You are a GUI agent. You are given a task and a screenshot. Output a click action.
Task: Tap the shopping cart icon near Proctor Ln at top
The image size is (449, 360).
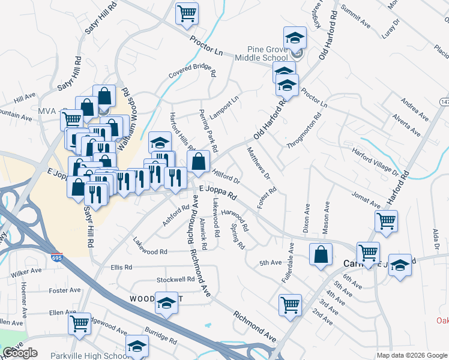(187, 13)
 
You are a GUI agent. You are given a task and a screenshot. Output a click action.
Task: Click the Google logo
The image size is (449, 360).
(20, 353)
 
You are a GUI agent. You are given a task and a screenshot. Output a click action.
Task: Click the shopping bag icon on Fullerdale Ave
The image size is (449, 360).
(321, 254)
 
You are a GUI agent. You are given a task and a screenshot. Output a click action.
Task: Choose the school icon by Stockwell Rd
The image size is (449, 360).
(166, 303)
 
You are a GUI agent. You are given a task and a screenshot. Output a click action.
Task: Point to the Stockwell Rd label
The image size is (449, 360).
(175, 280)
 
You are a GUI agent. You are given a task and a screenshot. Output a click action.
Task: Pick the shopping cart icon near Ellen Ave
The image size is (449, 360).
(79, 323)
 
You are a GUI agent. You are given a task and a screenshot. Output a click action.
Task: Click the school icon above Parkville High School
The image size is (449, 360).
(137, 346)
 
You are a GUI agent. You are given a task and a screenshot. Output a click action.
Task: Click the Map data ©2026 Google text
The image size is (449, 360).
(411, 355)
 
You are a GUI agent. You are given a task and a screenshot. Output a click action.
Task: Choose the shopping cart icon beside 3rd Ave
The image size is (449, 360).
(290, 304)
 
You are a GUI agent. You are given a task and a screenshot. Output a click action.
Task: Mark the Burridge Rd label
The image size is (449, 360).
(160, 335)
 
